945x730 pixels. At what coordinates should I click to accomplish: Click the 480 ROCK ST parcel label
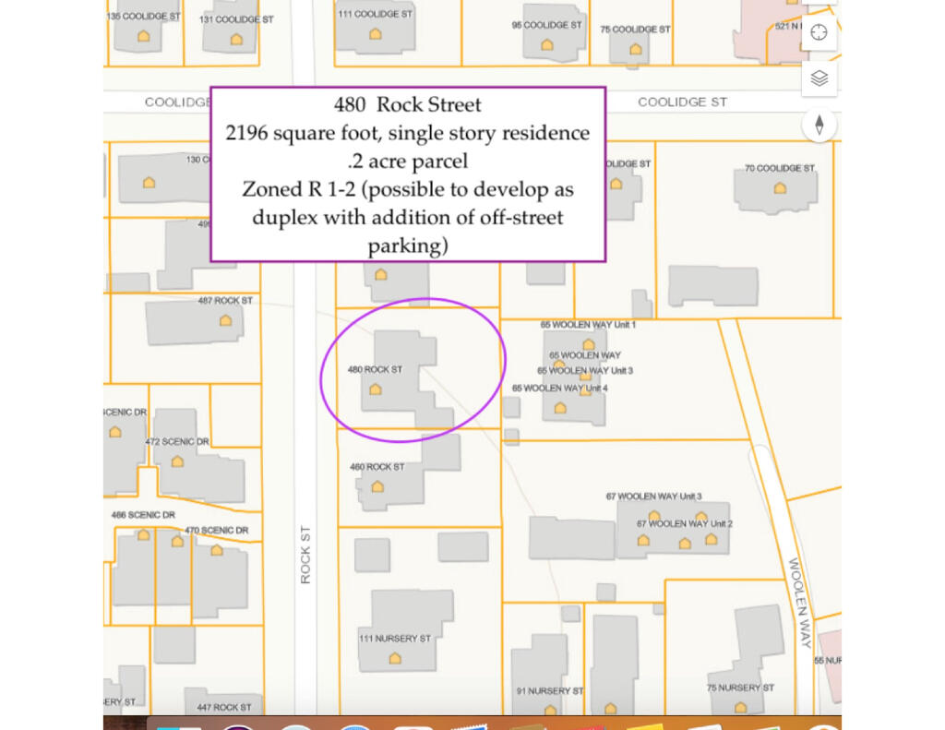pyautogui.click(x=375, y=369)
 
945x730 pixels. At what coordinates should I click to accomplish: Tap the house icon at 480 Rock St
pyautogui.click(x=376, y=389)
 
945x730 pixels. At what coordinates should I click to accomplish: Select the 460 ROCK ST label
pyautogui.click(x=377, y=467)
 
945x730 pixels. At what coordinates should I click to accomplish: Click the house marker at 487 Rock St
pyautogui.click(x=225, y=320)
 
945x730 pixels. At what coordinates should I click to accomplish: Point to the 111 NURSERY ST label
pyautogui.click(x=395, y=639)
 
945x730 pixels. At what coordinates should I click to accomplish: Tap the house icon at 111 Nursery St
pyautogui.click(x=395, y=658)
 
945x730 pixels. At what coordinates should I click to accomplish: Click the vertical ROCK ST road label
pyautogui.click(x=305, y=554)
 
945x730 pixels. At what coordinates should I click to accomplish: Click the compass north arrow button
pyautogui.click(x=819, y=125)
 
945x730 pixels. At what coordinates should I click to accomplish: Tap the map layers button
pyautogui.click(x=819, y=78)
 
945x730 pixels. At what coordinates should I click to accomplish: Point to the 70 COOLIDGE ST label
pyautogui.click(x=780, y=168)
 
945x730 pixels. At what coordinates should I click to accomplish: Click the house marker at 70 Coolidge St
pyautogui.click(x=780, y=187)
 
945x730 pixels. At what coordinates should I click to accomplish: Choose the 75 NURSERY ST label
pyautogui.click(x=740, y=688)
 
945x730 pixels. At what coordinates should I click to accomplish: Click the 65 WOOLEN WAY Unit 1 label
pyautogui.click(x=588, y=325)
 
